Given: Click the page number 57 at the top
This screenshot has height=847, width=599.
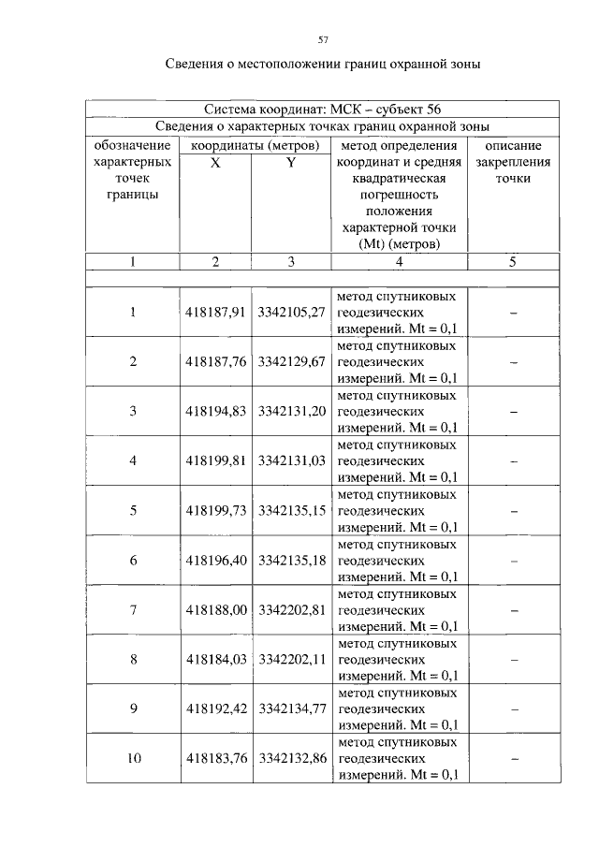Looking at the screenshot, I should (x=323, y=39).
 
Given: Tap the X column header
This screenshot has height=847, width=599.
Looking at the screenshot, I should (x=215, y=162).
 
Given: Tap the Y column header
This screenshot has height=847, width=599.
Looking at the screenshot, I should (x=291, y=162).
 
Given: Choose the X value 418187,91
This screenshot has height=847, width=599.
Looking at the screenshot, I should (x=215, y=311).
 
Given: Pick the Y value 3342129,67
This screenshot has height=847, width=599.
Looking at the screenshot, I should (x=291, y=361).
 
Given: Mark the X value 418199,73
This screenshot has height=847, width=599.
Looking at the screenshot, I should (x=215, y=510).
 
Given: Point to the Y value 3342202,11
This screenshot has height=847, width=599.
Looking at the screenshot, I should (x=291, y=659).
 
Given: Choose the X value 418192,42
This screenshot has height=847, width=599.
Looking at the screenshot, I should (x=215, y=708).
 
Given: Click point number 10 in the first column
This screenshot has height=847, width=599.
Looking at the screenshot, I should (x=133, y=758).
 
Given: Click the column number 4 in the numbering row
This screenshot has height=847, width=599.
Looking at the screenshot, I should (x=400, y=262).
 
